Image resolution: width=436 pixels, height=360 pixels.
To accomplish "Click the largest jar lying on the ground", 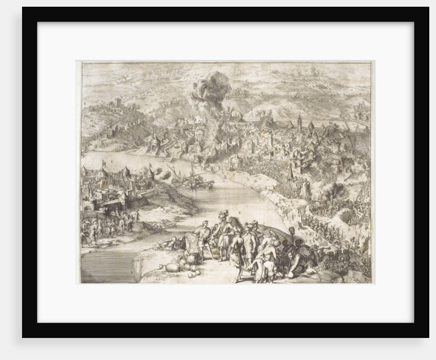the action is pos(172,267).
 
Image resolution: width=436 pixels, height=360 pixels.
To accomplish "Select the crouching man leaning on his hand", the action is pos(303,259).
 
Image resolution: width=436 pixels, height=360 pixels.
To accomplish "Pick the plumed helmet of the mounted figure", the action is pos(222,214).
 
